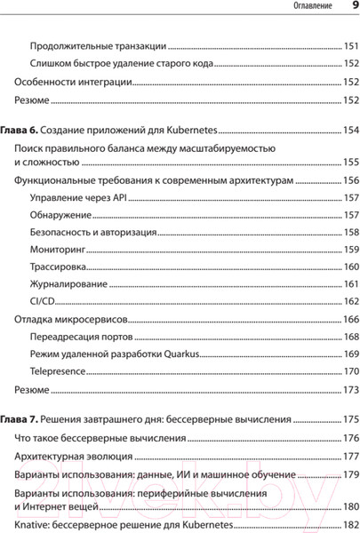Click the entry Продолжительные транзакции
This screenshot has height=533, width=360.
pos(98,45)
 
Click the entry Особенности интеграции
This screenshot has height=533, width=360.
pos(74,83)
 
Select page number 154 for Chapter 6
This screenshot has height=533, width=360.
pos(350,131)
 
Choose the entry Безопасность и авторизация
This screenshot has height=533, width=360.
pos(93,232)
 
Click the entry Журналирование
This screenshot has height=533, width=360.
pos(69,284)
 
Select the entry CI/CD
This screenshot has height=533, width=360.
pos(44,301)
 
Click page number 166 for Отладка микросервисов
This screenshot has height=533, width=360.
pos(350,320)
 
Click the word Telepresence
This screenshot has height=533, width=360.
pos(58,371)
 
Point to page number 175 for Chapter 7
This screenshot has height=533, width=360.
pos(350,418)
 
